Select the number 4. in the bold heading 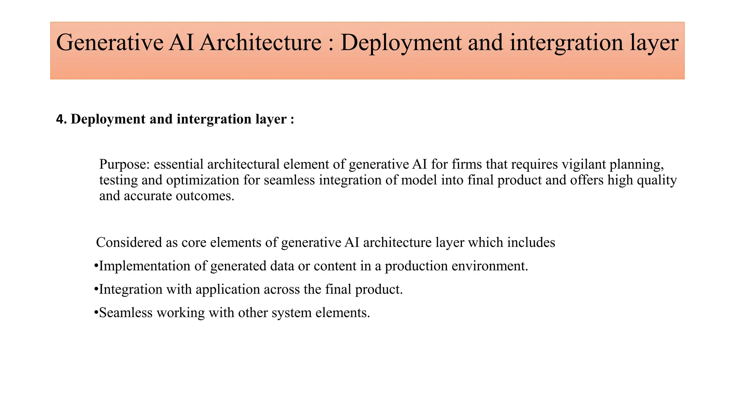click(x=61, y=119)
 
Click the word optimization click(x=202, y=180)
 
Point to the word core click(x=193, y=243)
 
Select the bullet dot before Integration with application click(x=96, y=289)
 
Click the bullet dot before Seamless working click(x=96, y=313)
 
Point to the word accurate click(x=148, y=196)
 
